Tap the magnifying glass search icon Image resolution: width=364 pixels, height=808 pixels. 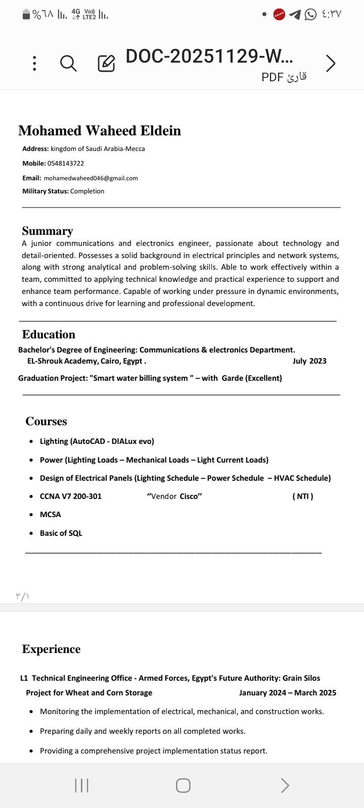click(68, 64)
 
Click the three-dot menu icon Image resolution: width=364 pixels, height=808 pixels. click(34, 64)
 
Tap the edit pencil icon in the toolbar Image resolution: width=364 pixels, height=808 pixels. click(106, 64)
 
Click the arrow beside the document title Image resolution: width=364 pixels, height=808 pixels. click(331, 64)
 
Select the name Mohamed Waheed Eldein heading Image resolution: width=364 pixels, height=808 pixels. click(100, 131)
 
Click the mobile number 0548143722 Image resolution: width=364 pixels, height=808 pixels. click(66, 164)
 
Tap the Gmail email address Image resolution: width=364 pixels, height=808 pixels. click(91, 178)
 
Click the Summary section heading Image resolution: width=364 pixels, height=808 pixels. click(48, 231)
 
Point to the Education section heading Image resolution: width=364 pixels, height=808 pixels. click(49, 334)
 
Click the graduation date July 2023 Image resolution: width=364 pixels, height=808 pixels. click(309, 361)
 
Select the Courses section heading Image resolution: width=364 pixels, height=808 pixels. click(46, 421)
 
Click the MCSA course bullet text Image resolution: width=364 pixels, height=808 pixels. click(51, 515)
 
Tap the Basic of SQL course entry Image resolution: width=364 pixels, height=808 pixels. click(61, 533)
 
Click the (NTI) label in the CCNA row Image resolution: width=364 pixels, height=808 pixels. click(303, 496)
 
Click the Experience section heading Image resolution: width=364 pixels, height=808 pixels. click(51, 649)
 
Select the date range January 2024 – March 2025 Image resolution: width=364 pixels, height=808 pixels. click(288, 693)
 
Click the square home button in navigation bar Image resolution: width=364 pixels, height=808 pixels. click(183, 785)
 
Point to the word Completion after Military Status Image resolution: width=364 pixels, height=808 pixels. click(87, 191)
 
